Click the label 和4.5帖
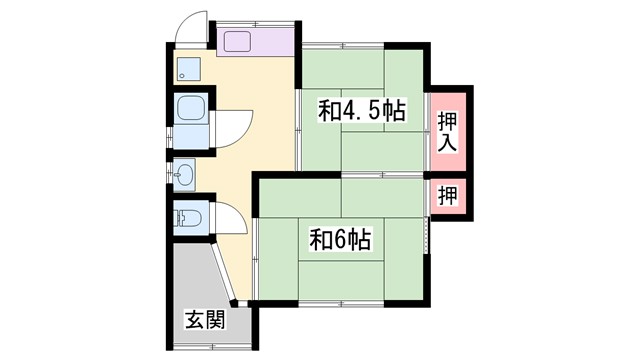362,111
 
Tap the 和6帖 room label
341,240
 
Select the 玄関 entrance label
203,321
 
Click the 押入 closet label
447,130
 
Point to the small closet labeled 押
447,195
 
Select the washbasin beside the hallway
186,176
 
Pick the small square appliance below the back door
188,68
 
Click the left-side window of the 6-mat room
254,255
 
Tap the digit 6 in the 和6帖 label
341,240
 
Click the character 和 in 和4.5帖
329,111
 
